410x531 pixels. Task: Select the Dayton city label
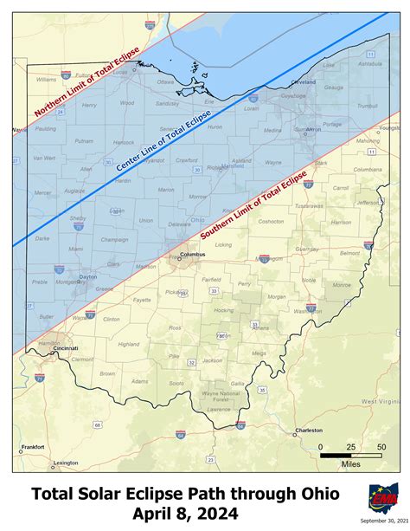pyautogui.click(x=87, y=277)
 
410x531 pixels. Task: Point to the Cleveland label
pyautogui.click(x=303, y=81)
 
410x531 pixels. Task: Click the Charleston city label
pyautogui.click(x=309, y=430)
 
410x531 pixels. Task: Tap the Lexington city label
pyautogui.click(x=65, y=463)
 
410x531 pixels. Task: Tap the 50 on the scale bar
pyautogui.click(x=381, y=446)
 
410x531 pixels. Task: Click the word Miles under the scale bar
pyautogui.click(x=351, y=464)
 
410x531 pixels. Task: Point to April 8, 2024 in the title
pyautogui.click(x=185, y=514)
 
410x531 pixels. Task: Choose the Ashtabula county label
pyautogui.click(x=369, y=63)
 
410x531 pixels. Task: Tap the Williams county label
pyautogui.click(x=46, y=79)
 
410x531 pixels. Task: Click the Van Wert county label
pyautogui.click(x=44, y=158)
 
